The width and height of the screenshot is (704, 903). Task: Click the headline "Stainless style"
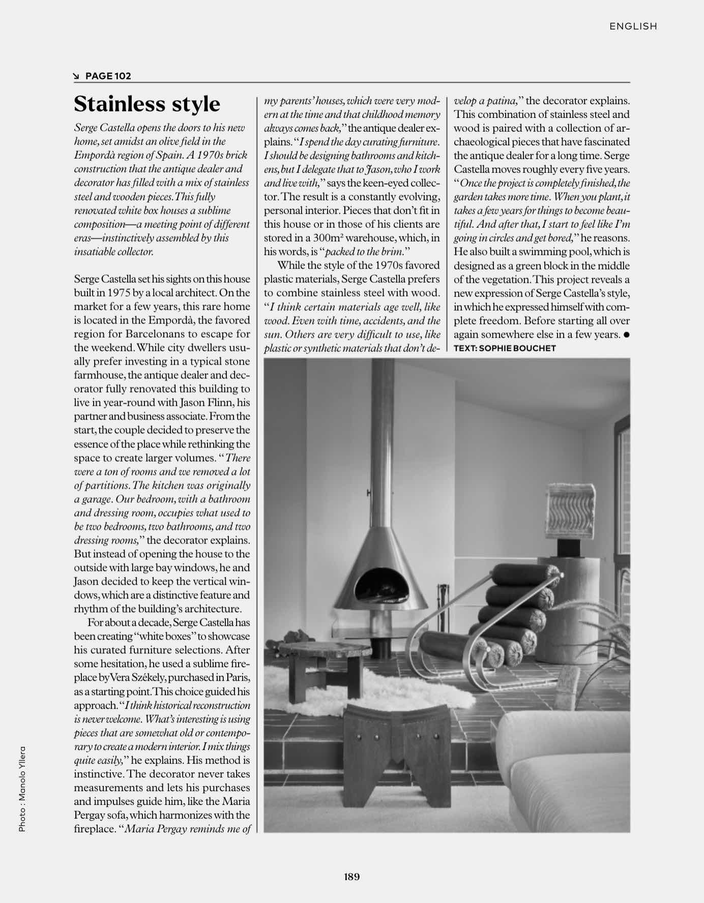coord(147,104)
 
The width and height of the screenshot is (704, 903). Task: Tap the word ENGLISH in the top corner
coord(633,26)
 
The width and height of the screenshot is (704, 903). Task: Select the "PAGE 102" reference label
coord(108,76)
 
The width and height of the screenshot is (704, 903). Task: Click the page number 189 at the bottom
coord(351,876)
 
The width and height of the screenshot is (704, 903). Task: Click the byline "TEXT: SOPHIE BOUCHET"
coord(505,348)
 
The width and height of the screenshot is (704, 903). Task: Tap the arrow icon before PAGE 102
coord(77,76)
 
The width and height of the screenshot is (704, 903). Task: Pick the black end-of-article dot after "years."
coord(626,335)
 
